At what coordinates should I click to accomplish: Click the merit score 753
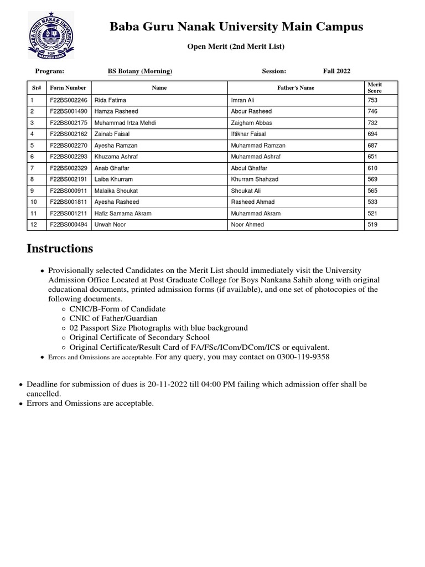click(x=372, y=100)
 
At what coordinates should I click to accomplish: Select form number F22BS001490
click(x=68, y=111)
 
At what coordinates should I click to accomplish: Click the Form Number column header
click(x=68, y=87)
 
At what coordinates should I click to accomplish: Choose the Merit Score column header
click(x=375, y=87)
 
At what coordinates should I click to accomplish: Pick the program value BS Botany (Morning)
click(x=139, y=71)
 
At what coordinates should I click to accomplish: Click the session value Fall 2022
click(x=336, y=71)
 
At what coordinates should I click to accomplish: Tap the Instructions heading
click(x=60, y=249)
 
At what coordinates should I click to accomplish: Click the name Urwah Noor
click(x=109, y=225)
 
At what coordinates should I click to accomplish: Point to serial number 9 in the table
click(x=32, y=190)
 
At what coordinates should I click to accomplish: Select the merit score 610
click(x=372, y=168)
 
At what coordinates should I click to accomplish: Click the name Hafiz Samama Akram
click(x=122, y=213)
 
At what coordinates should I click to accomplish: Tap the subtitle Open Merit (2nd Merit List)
click(x=235, y=47)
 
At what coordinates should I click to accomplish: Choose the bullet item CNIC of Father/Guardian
click(x=113, y=318)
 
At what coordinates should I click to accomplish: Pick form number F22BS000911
click(x=68, y=190)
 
